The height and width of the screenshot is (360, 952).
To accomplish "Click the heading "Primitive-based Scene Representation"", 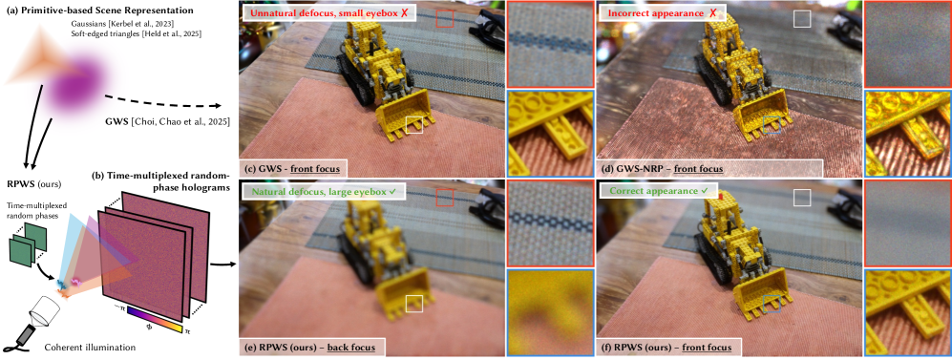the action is pos(109,11).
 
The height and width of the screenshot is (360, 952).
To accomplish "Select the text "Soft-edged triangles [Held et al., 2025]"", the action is pos(136,34).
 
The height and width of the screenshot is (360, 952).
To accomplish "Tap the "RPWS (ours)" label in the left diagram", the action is pos(32,182).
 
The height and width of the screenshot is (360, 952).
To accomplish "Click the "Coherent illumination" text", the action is pos(90,348).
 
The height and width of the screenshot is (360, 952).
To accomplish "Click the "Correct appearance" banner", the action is pos(648,193).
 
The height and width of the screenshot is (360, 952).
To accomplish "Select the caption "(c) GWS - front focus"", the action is pos(290,168).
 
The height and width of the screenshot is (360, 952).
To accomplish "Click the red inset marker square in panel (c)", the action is pos(444,19).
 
